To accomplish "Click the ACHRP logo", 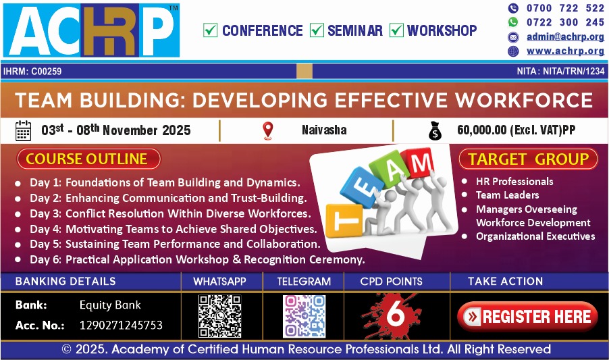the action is tap(91, 30).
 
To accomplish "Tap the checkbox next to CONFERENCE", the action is tap(210, 30).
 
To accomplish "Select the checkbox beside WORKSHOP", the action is tap(396, 30).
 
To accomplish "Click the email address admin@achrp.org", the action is tap(565, 37).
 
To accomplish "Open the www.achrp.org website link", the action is tap(565, 51).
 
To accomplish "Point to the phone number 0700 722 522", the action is tap(565, 8).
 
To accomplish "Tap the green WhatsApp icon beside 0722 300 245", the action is tap(513, 22).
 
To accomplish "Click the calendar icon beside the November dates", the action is tap(23, 130).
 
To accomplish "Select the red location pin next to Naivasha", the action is tap(267, 130).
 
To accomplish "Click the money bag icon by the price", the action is tap(435, 131).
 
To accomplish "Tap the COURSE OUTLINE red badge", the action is tap(88, 159).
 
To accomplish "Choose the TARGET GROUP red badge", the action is tap(528, 159).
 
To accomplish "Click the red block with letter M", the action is tap(419, 162).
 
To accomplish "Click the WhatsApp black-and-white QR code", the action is tap(220, 316).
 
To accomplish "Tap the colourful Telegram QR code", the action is tap(304, 316).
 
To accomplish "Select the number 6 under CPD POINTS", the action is tap(396, 313).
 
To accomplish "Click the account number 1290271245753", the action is tap(121, 325).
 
